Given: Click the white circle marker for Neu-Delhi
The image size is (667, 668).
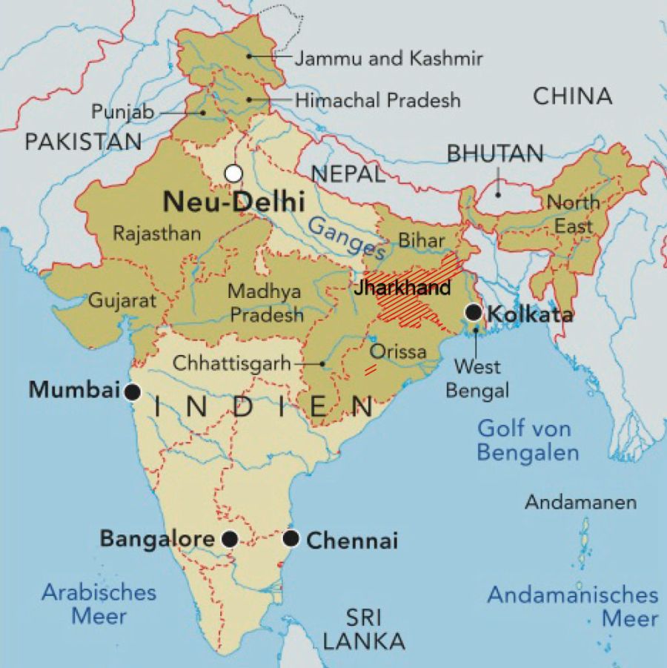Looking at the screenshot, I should tap(233, 173).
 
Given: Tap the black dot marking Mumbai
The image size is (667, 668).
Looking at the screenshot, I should tap(133, 392).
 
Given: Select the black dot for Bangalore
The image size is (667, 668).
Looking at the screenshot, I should tap(230, 539).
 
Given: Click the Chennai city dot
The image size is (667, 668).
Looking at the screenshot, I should tap(291, 538).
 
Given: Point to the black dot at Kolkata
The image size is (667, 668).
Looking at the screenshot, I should tap(474, 313).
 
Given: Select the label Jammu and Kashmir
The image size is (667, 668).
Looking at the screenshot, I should tap(388, 59).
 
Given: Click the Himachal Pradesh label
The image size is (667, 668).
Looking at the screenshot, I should tap(377, 100).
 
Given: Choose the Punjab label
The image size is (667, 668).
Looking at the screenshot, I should tap(122, 112).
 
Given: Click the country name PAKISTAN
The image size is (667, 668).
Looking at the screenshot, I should tap(82, 142).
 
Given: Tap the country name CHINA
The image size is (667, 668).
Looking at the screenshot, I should tap(573, 96).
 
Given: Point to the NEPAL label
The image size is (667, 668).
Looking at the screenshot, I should tap(348, 174).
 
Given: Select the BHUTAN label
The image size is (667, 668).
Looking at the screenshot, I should tap(495, 153).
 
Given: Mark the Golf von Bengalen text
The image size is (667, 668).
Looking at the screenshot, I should tap(527, 440).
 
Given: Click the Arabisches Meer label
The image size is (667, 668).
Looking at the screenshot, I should tap(99, 603).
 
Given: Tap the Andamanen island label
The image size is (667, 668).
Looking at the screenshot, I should tap(580, 502).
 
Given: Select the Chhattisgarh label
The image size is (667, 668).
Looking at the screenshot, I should tap(231, 364).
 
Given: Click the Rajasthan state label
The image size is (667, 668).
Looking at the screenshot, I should tap(156, 234).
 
